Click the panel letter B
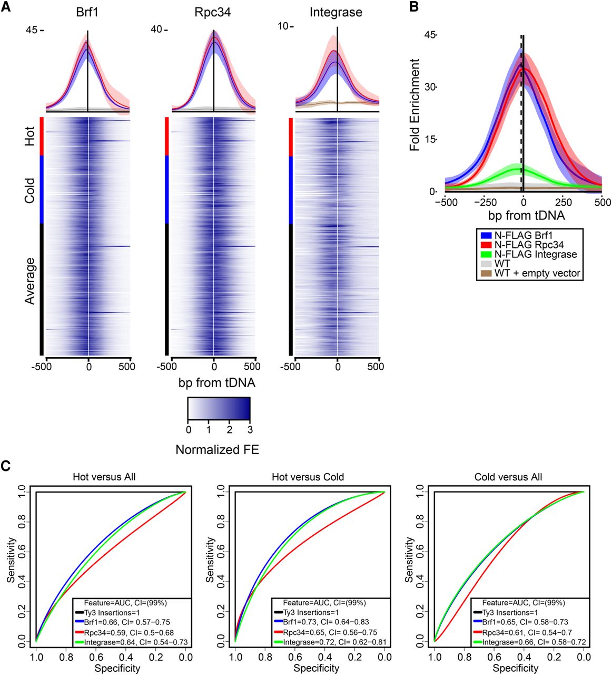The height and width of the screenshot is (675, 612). point(414,6)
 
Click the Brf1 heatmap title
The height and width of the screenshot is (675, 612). point(87,13)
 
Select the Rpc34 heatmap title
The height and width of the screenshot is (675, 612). point(213,13)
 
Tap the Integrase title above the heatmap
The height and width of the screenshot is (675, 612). point(336,13)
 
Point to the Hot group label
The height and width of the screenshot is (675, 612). point(30,136)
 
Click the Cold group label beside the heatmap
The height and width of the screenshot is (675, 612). point(30,190)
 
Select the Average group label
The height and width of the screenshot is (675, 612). point(30,281)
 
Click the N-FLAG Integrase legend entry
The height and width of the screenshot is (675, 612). point(536,254)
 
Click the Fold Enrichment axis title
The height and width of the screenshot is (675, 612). point(414,105)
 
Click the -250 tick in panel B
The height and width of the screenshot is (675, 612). point(485,202)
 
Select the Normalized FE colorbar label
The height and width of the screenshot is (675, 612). point(218,450)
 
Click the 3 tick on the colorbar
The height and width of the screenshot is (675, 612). point(250,430)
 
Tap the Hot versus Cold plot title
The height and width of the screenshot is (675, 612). point(308,477)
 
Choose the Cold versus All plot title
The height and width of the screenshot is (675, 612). point(508,477)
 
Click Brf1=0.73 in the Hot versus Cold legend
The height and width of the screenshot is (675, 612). point(299,622)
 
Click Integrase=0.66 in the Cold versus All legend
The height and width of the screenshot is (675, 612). point(504,642)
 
